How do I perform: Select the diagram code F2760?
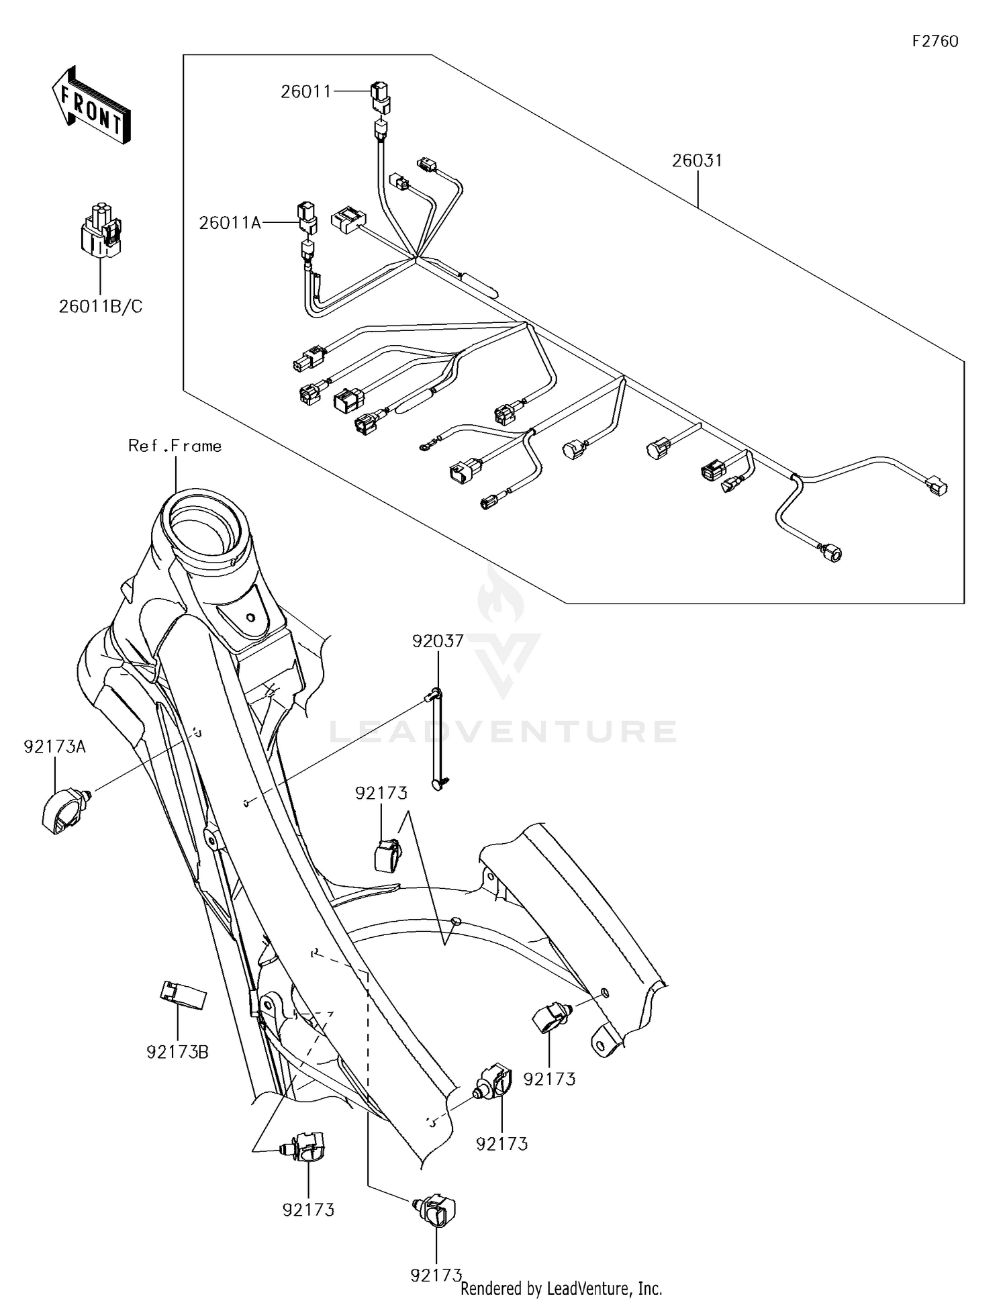934,42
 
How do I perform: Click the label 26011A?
230,223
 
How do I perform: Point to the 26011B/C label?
101,307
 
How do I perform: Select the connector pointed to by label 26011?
380,96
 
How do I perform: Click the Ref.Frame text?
175,446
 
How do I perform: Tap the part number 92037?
438,641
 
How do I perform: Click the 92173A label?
55,746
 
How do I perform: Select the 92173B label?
177,1052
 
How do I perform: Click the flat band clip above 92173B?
182,996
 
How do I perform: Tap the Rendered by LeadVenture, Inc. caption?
561,1288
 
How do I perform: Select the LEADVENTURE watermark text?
503,731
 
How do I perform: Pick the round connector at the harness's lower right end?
830,553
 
